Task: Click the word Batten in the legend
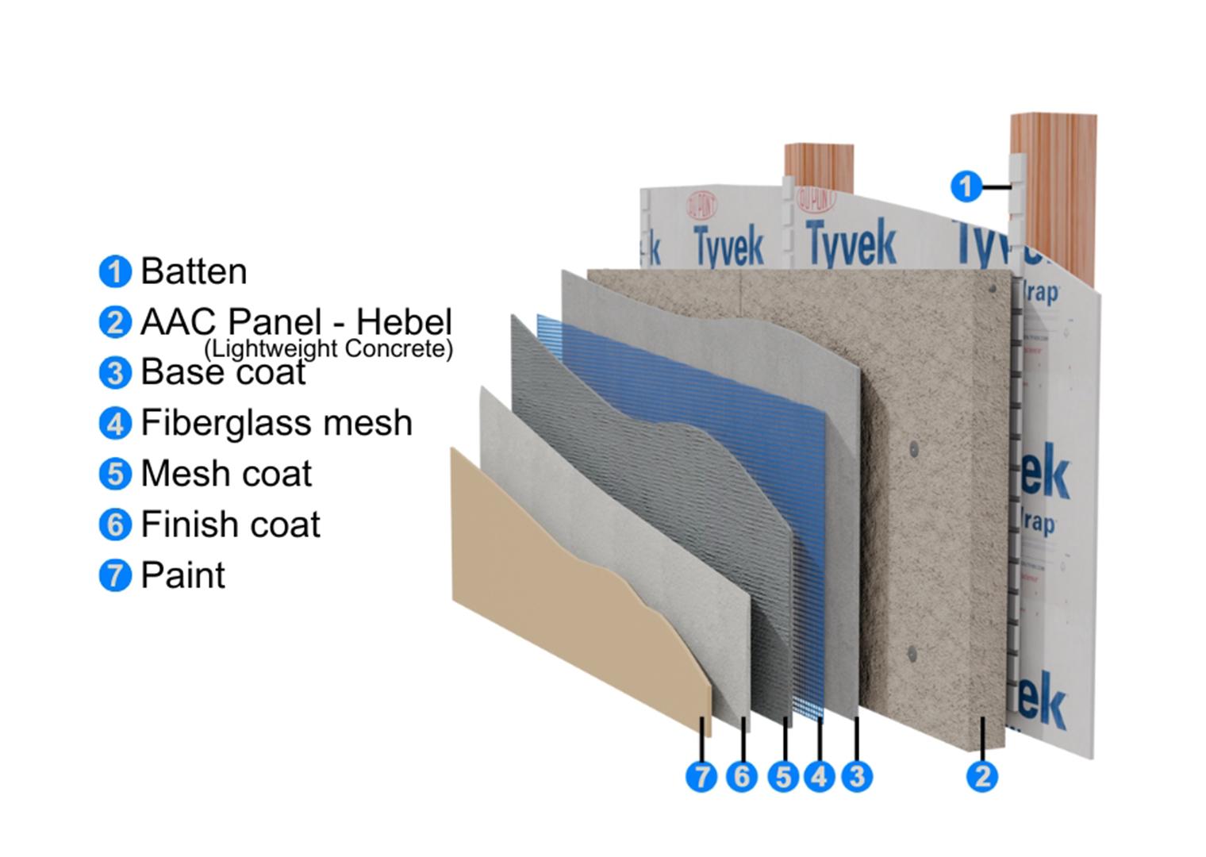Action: [194, 271]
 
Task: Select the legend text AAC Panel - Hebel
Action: [296, 321]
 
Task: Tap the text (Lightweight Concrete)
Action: [328, 348]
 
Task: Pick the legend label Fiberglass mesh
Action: [276, 423]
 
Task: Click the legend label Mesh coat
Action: [226, 474]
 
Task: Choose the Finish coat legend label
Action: [230, 525]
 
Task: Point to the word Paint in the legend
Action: [182, 575]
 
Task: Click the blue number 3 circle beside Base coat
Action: [115, 372]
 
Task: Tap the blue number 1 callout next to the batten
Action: [966, 187]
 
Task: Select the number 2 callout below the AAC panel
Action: [982, 776]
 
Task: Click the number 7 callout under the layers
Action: [701, 776]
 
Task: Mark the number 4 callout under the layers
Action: [820, 776]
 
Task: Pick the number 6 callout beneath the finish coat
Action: [742, 776]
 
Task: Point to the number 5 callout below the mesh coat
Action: [783, 776]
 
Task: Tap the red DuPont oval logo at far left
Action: [701, 208]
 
